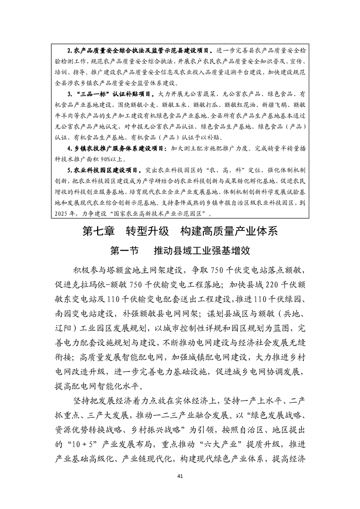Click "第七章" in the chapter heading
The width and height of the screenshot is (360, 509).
98,231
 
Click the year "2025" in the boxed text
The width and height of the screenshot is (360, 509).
61,213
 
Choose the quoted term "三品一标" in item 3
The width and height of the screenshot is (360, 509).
91,94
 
